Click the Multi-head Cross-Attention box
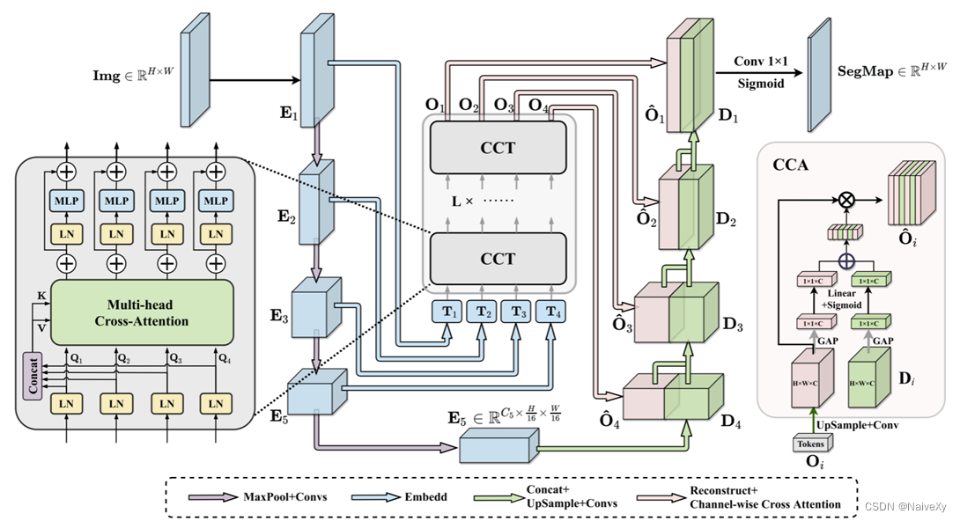(142, 312)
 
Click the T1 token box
(448, 311)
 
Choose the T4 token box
(552, 311)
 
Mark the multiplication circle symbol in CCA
(846, 200)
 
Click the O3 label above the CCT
(505, 106)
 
